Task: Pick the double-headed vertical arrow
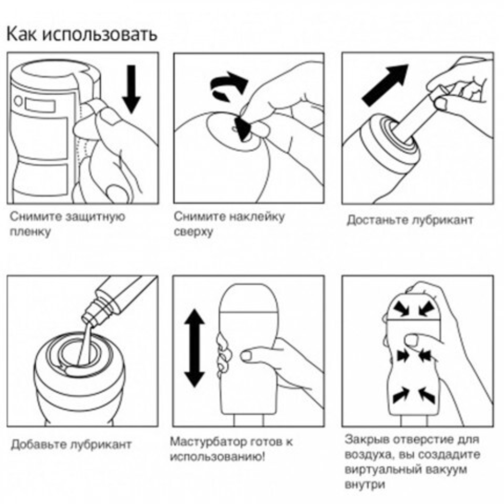[x=194, y=347]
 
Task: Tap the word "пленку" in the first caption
[x=30, y=233]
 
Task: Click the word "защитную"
[x=95, y=218]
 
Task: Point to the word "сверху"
[x=194, y=232]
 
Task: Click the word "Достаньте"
[x=378, y=221]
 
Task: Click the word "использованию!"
[x=218, y=458]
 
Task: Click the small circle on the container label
[x=19, y=100]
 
